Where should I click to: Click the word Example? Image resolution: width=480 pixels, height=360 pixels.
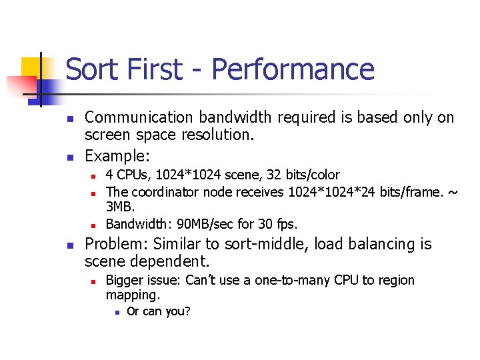pos(117,156)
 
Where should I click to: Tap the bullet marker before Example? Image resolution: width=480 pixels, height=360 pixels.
pos(69,158)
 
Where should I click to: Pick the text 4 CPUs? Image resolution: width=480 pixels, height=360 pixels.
pos(124,175)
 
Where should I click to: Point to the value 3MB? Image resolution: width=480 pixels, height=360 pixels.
pos(121,207)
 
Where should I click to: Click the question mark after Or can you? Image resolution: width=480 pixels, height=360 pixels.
pos(187,311)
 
